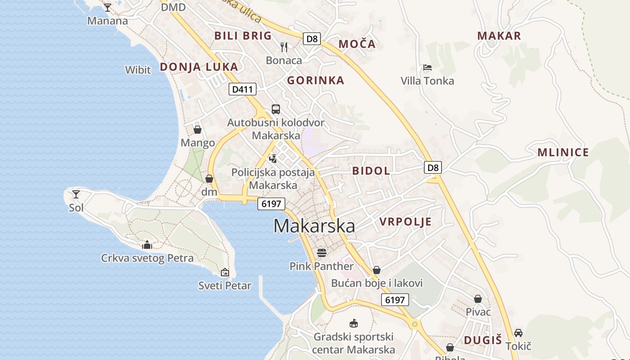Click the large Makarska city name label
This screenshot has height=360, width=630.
[314, 226]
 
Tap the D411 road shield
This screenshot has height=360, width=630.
[242, 89]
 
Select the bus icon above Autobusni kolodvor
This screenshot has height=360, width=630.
[275, 109]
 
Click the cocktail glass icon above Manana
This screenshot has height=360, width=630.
[108, 8]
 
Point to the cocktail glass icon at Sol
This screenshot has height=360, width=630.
[76, 194]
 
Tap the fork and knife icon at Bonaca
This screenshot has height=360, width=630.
[284, 47]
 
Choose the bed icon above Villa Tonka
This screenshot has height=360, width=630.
[427, 68]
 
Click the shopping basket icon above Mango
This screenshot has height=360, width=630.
[198, 130]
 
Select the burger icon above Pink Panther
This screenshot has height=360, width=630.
[321, 252]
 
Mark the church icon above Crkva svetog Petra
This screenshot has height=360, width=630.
[147, 245]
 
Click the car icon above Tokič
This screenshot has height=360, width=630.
[518, 333]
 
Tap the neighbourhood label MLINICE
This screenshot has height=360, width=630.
[563, 153]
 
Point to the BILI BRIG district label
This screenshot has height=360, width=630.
[243, 36]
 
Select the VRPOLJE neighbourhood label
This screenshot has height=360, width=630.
[405, 221]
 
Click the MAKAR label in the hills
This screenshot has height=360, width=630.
[499, 36]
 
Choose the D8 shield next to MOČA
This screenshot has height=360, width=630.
[311, 39]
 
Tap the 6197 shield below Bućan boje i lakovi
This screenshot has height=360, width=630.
[395, 300]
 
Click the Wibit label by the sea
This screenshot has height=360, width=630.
[138, 70]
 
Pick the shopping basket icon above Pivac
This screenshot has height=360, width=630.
[478, 299]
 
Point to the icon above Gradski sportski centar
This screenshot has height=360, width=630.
[354, 324]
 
